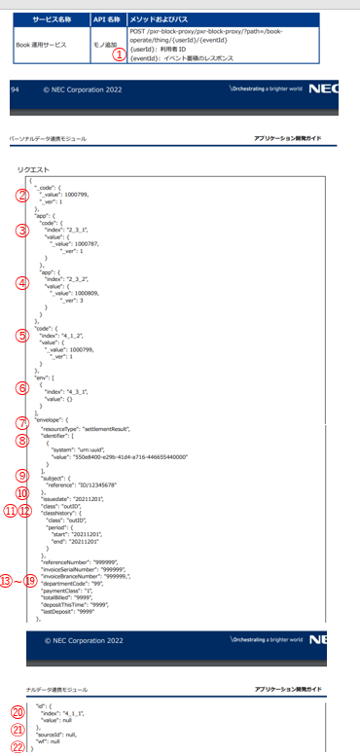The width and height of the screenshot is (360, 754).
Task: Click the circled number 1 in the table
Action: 120,55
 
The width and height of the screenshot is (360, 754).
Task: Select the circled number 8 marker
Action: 21,440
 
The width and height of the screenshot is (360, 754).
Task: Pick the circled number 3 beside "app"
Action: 21,231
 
